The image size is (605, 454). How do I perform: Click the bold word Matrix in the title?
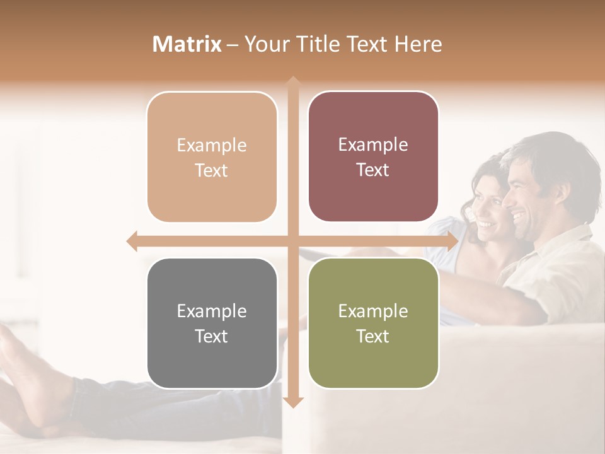(187, 44)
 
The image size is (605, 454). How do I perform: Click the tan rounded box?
(212, 157)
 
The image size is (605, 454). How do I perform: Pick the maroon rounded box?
(373, 157)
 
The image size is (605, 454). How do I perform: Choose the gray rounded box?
(212, 323)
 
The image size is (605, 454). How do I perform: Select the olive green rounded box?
(373, 323)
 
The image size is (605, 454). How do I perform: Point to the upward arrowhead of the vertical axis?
(292, 81)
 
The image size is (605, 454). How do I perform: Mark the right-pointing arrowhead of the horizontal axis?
(452, 241)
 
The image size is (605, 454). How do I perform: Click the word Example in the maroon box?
(373, 144)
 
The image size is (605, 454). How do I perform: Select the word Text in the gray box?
(211, 336)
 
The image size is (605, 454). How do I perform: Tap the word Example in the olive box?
(373, 311)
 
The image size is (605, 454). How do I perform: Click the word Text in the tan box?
(211, 170)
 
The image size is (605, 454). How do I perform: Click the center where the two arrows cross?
(292, 241)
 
